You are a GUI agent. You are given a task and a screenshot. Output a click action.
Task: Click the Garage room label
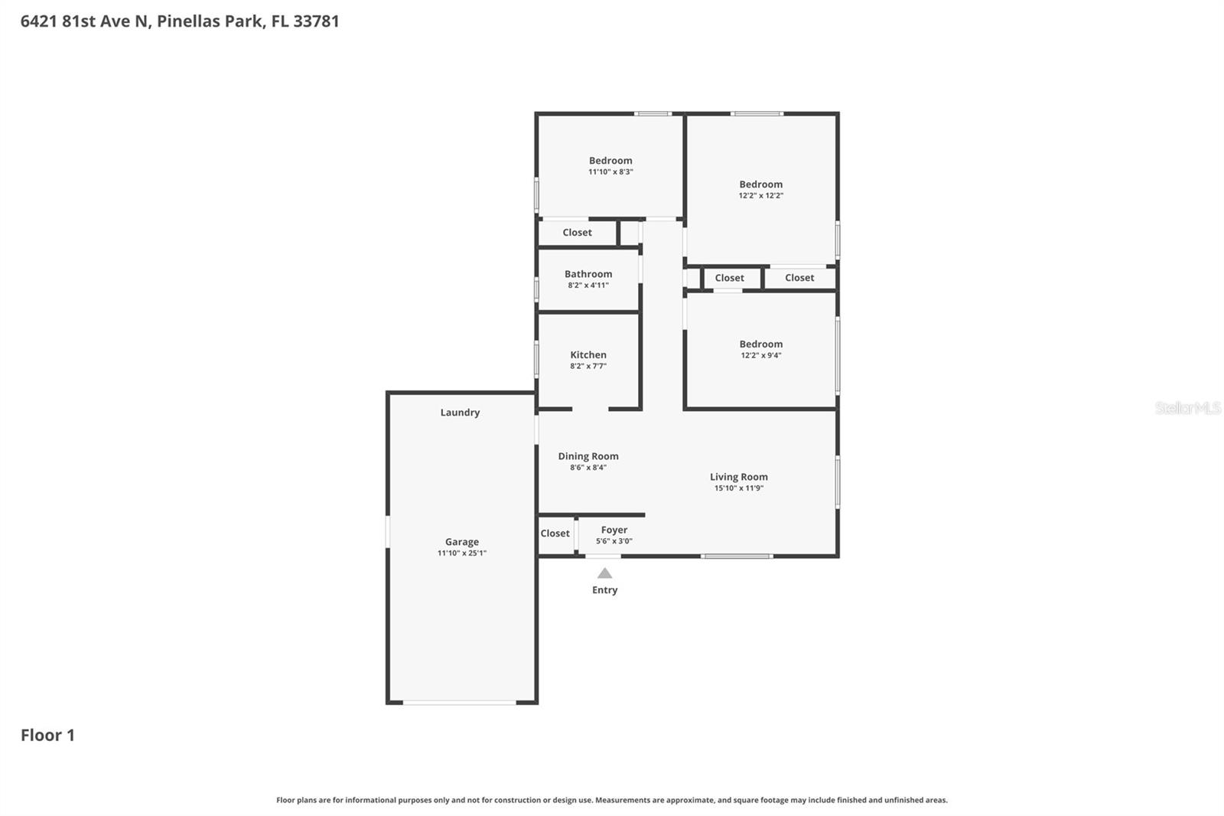pyautogui.click(x=462, y=542)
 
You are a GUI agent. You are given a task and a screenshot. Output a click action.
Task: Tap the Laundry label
pyautogui.click(x=460, y=413)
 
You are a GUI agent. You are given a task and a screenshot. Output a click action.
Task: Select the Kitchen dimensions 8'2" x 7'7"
pyautogui.click(x=588, y=366)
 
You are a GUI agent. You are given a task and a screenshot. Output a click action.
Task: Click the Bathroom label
pyautogui.click(x=588, y=274)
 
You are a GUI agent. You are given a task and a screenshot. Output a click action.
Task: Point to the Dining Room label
pyautogui.click(x=588, y=456)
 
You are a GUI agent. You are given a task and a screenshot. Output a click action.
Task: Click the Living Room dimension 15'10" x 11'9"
pyautogui.click(x=738, y=488)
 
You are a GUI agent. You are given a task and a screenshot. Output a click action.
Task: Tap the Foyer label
pyautogui.click(x=614, y=530)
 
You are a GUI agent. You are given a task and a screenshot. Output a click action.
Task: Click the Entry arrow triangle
pyautogui.click(x=604, y=573)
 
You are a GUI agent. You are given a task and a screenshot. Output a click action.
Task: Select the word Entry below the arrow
pyautogui.click(x=604, y=590)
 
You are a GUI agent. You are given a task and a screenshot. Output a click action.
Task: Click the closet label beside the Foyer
pyautogui.click(x=555, y=534)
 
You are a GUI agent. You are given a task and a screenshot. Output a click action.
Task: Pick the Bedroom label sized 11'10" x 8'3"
pyautogui.click(x=610, y=161)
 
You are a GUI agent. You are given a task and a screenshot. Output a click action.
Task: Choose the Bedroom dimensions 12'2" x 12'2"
pyautogui.click(x=760, y=195)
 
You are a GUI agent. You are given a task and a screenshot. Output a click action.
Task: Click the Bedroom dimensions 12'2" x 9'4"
pyautogui.click(x=760, y=355)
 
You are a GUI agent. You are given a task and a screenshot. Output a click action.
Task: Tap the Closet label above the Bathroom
pyautogui.click(x=577, y=233)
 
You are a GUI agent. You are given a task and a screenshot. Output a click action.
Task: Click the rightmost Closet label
pyautogui.click(x=799, y=278)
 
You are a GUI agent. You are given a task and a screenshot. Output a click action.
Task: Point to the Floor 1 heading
pyautogui.click(x=47, y=735)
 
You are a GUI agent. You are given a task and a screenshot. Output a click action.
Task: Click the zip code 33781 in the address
pyautogui.click(x=316, y=21)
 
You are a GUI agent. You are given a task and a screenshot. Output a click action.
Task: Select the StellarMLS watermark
pyautogui.click(x=1187, y=408)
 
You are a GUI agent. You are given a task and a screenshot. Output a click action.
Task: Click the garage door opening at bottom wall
pyautogui.click(x=459, y=702)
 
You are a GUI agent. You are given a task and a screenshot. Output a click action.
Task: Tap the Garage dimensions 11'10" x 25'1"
pyautogui.click(x=462, y=553)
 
